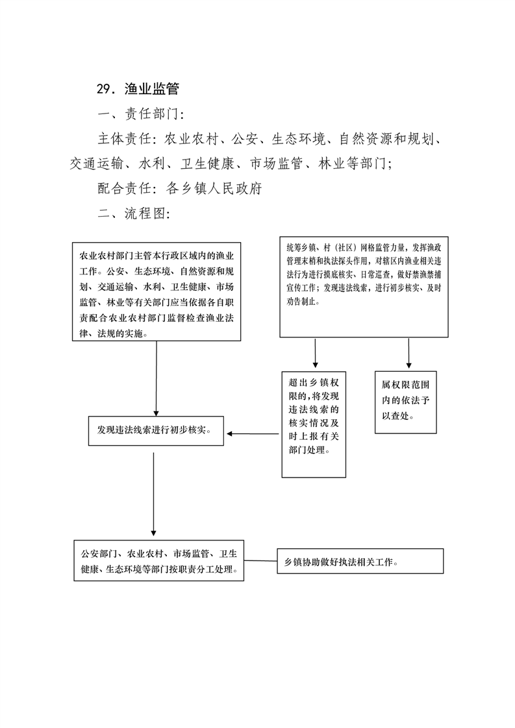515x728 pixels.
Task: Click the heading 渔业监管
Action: point(151,89)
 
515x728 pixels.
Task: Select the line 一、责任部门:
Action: point(141,114)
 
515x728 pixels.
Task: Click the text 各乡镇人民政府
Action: point(214,188)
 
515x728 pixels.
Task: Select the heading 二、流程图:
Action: point(134,213)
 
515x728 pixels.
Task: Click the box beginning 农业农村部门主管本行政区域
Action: point(157,291)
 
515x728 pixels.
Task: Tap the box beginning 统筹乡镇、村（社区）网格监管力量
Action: point(364,287)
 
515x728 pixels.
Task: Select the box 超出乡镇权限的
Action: point(314,424)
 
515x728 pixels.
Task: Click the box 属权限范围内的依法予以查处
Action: point(406,402)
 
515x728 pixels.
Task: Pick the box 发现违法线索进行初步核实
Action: point(156,431)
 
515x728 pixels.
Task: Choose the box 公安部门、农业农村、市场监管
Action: point(159,561)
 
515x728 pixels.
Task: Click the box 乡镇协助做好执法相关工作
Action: point(360,561)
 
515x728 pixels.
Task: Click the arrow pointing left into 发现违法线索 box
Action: point(253,433)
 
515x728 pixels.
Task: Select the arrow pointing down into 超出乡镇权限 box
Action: point(315,354)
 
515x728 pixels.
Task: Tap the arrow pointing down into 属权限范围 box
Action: point(409,354)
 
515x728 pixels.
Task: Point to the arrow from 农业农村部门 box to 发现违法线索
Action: point(156,379)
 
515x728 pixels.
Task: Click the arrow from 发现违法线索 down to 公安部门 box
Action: point(153,494)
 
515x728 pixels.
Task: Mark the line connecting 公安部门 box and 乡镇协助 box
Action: point(261,561)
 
